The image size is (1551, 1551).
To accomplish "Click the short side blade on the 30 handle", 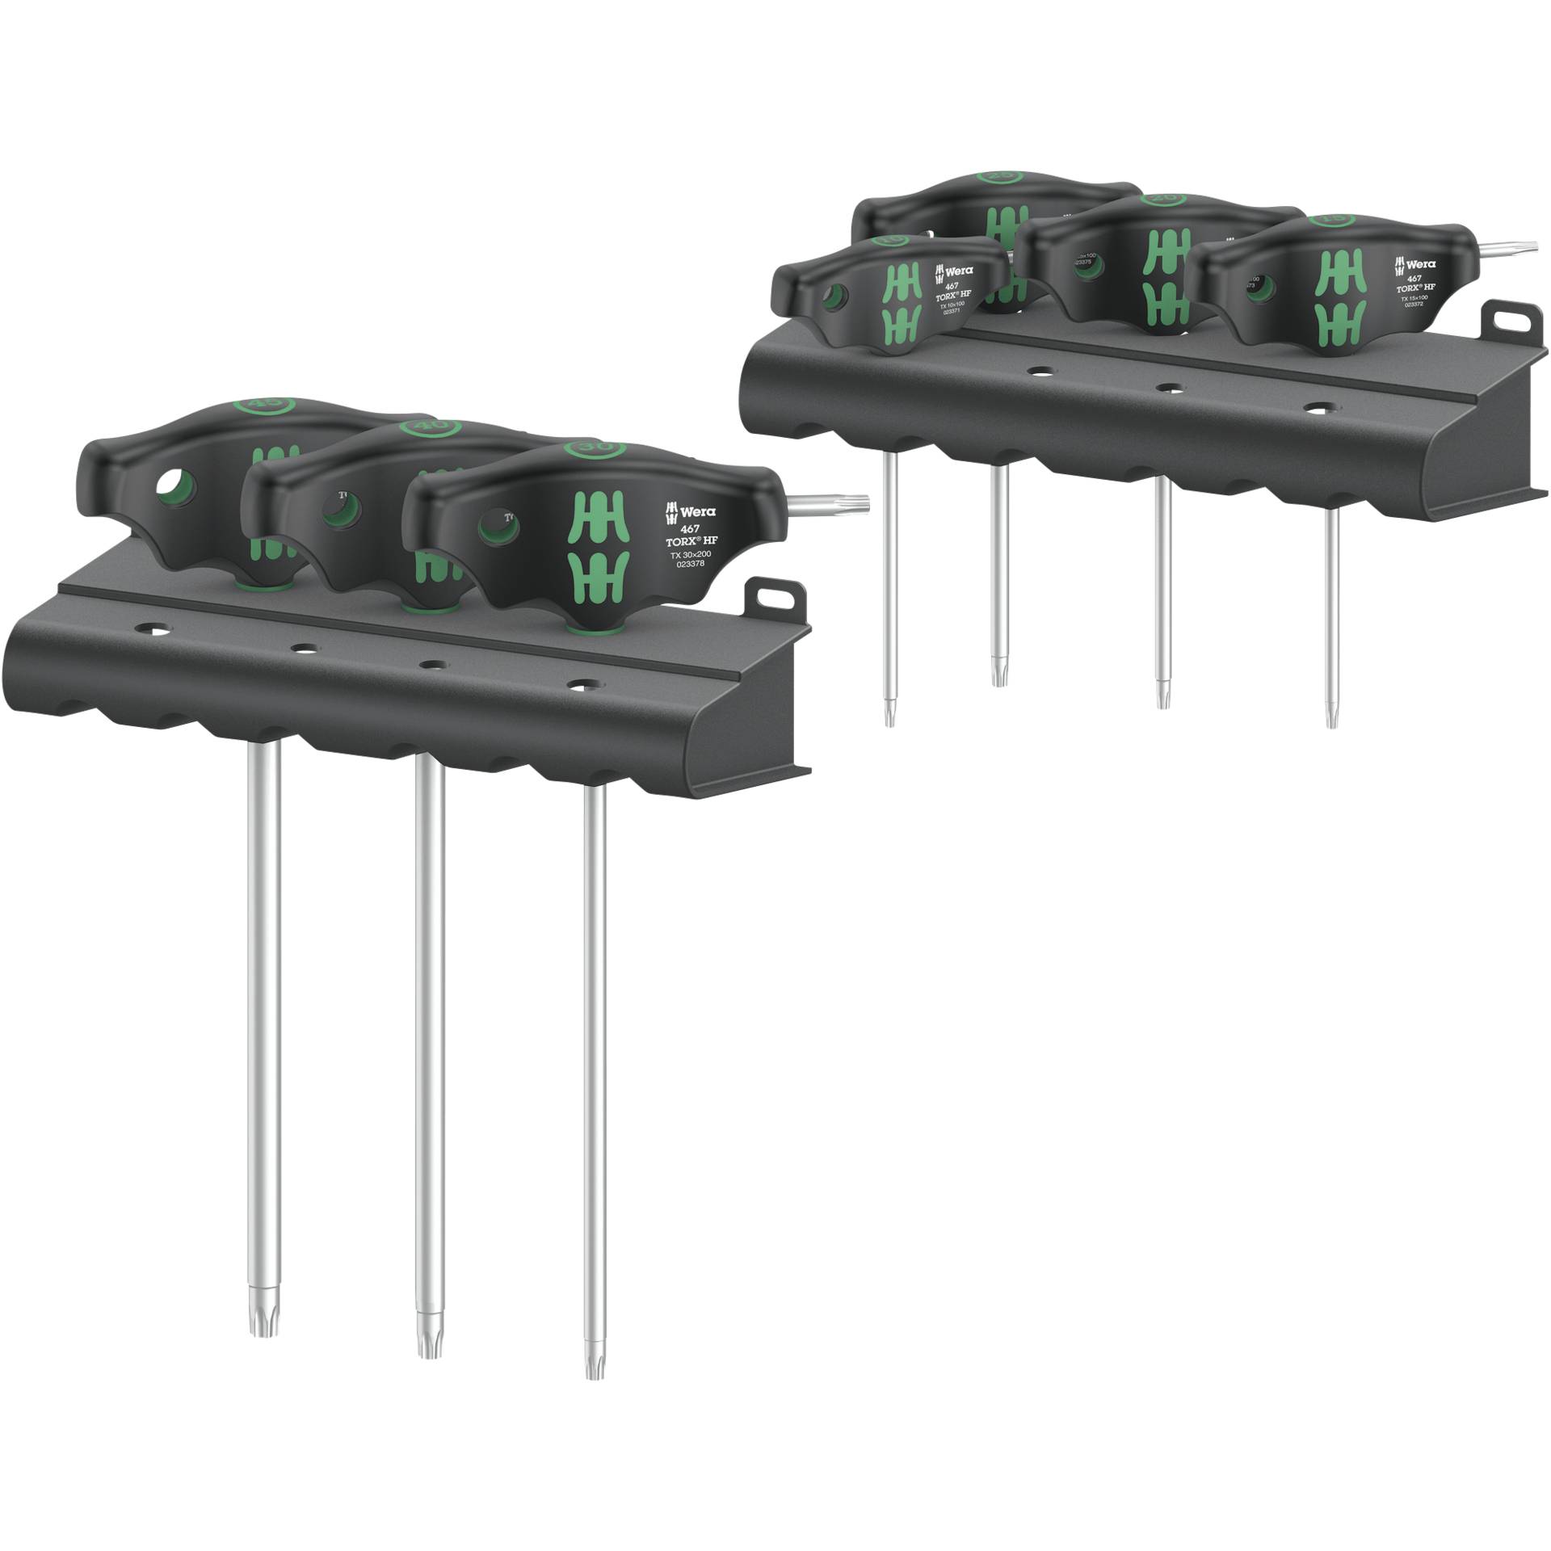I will click(832, 504).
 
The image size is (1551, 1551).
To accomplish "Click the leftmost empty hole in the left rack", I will click(150, 628).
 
